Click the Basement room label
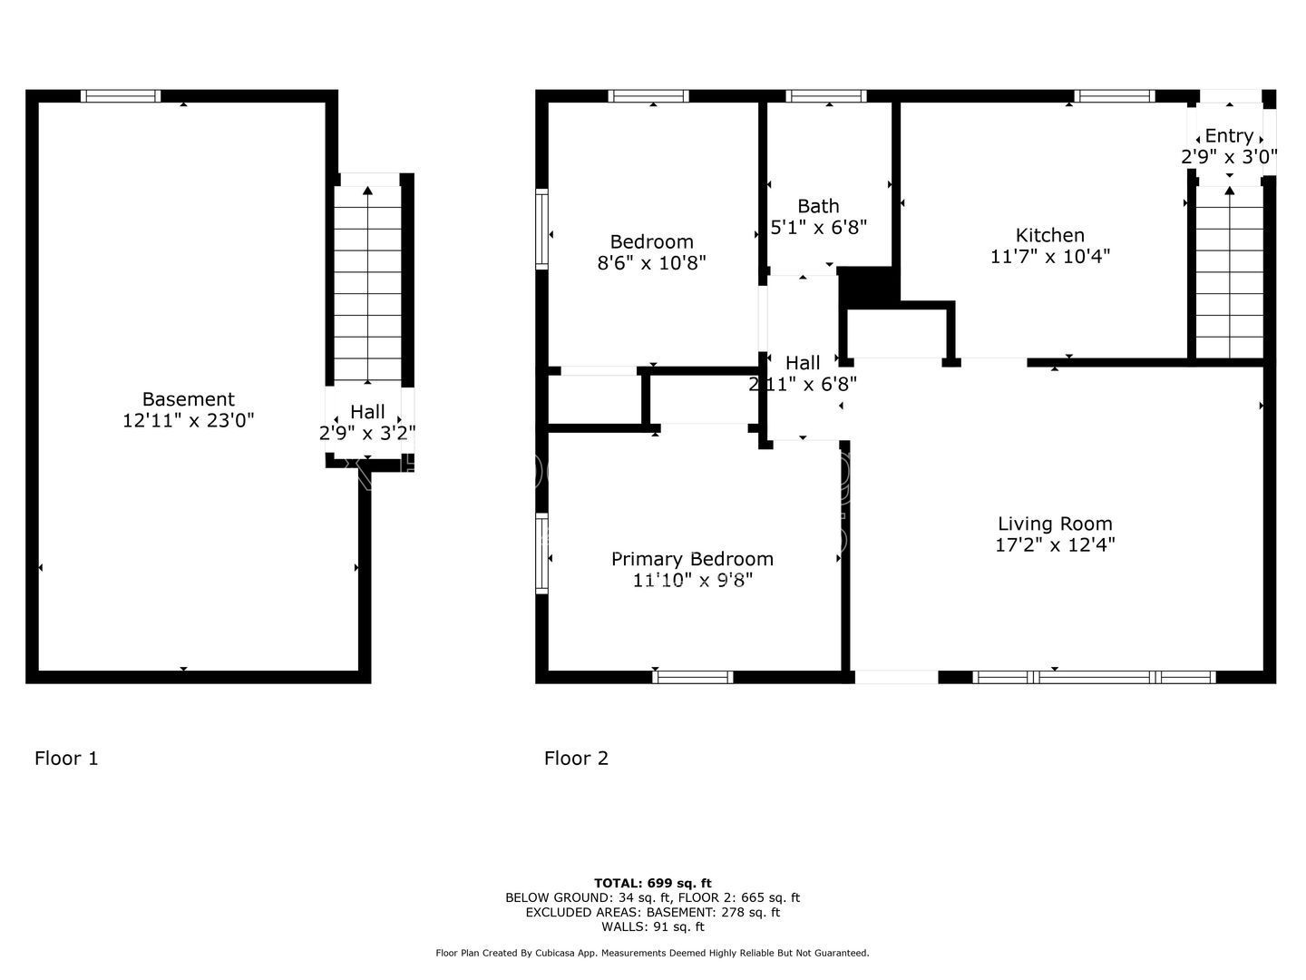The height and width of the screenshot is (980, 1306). (189, 398)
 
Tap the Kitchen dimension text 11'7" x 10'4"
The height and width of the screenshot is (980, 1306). (1050, 257)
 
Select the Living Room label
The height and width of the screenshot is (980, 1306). (1055, 524)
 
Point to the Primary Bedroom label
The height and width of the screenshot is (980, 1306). (693, 559)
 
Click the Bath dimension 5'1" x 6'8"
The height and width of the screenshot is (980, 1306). (819, 227)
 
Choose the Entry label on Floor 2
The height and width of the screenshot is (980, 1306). (1229, 136)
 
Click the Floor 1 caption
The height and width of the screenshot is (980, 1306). (66, 758)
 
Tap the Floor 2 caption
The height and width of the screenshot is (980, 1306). (576, 758)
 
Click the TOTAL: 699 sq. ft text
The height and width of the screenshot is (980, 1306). (653, 883)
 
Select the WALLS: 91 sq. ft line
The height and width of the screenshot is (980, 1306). (653, 926)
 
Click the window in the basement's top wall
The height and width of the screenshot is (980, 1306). (121, 96)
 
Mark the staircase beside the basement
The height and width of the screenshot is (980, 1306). (367, 283)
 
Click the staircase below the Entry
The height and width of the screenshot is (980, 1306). (1229, 272)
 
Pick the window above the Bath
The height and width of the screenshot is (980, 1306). (826, 96)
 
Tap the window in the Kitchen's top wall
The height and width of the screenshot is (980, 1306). (1115, 96)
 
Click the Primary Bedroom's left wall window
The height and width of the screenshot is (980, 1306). (541, 554)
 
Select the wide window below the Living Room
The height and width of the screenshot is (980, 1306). (1094, 677)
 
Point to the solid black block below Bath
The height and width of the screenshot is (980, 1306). (868, 288)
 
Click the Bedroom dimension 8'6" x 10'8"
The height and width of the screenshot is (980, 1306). (651, 263)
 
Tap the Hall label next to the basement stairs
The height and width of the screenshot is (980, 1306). (367, 412)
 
